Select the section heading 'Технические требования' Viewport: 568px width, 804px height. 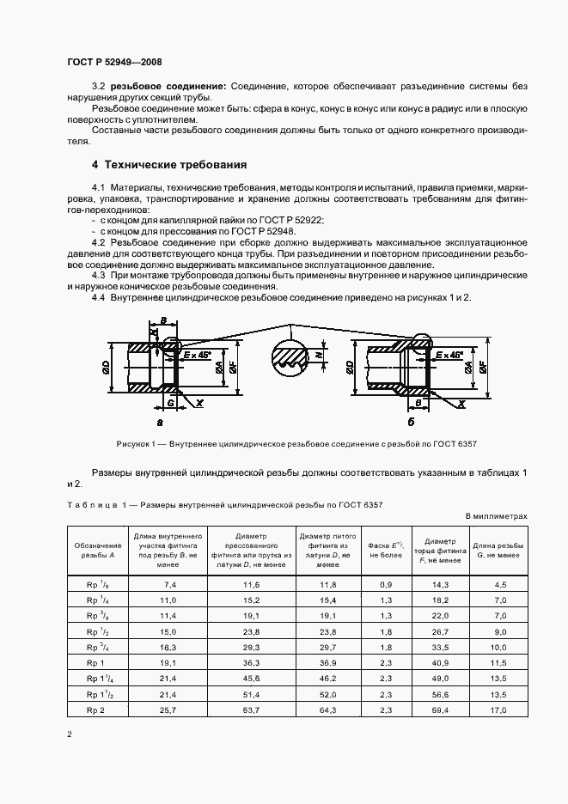(169, 164)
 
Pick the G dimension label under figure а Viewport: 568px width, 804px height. (171, 401)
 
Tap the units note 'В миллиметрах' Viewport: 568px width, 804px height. (495, 516)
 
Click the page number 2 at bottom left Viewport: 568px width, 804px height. (70, 734)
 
